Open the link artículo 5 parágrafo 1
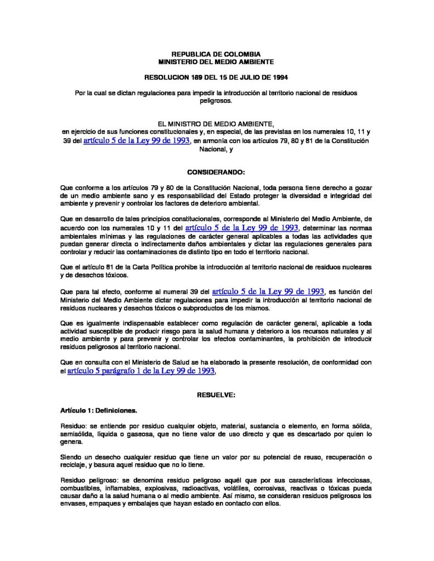(140, 371)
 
